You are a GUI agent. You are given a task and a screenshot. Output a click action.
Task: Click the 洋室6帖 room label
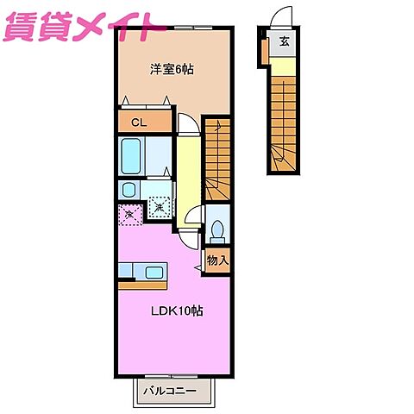[x=171, y=69]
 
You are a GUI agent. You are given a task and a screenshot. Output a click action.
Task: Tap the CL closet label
[x=138, y=122]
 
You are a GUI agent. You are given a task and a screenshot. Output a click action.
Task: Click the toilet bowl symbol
[x=219, y=230]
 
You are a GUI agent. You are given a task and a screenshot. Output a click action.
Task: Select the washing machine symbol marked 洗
[x=160, y=207]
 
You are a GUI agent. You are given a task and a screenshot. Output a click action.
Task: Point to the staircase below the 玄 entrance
[x=283, y=121]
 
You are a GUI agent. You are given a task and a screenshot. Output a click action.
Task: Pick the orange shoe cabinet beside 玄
[x=267, y=48]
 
